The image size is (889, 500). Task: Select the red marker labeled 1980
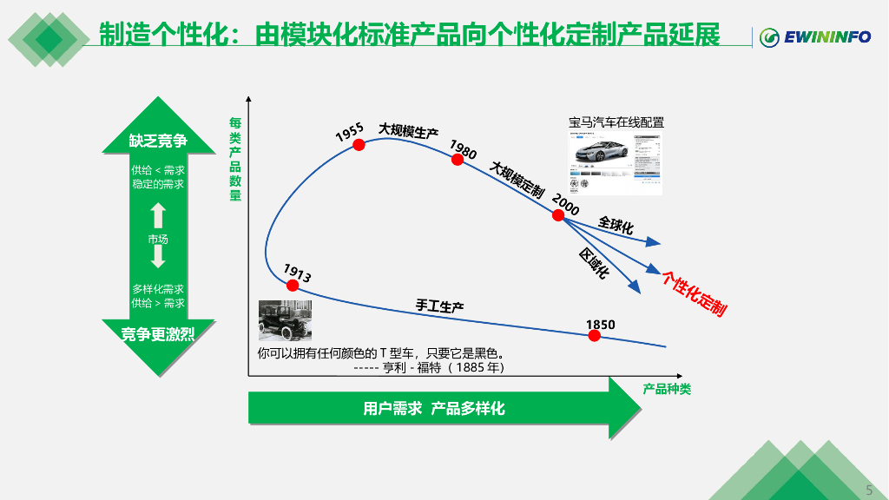458,159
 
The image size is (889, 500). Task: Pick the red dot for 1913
293,284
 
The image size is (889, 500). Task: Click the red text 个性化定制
694,293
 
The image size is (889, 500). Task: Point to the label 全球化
616,225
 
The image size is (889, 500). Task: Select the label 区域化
595,263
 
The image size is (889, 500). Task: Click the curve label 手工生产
439,306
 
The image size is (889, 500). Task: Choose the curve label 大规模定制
517,179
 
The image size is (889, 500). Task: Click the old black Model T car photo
285,320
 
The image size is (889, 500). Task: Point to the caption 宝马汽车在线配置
616,122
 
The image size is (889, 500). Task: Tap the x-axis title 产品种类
667,389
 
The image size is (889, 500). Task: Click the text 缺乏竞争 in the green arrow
158,141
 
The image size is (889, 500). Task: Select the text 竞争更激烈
158,334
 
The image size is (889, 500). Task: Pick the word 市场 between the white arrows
158,239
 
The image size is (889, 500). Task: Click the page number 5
869,488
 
